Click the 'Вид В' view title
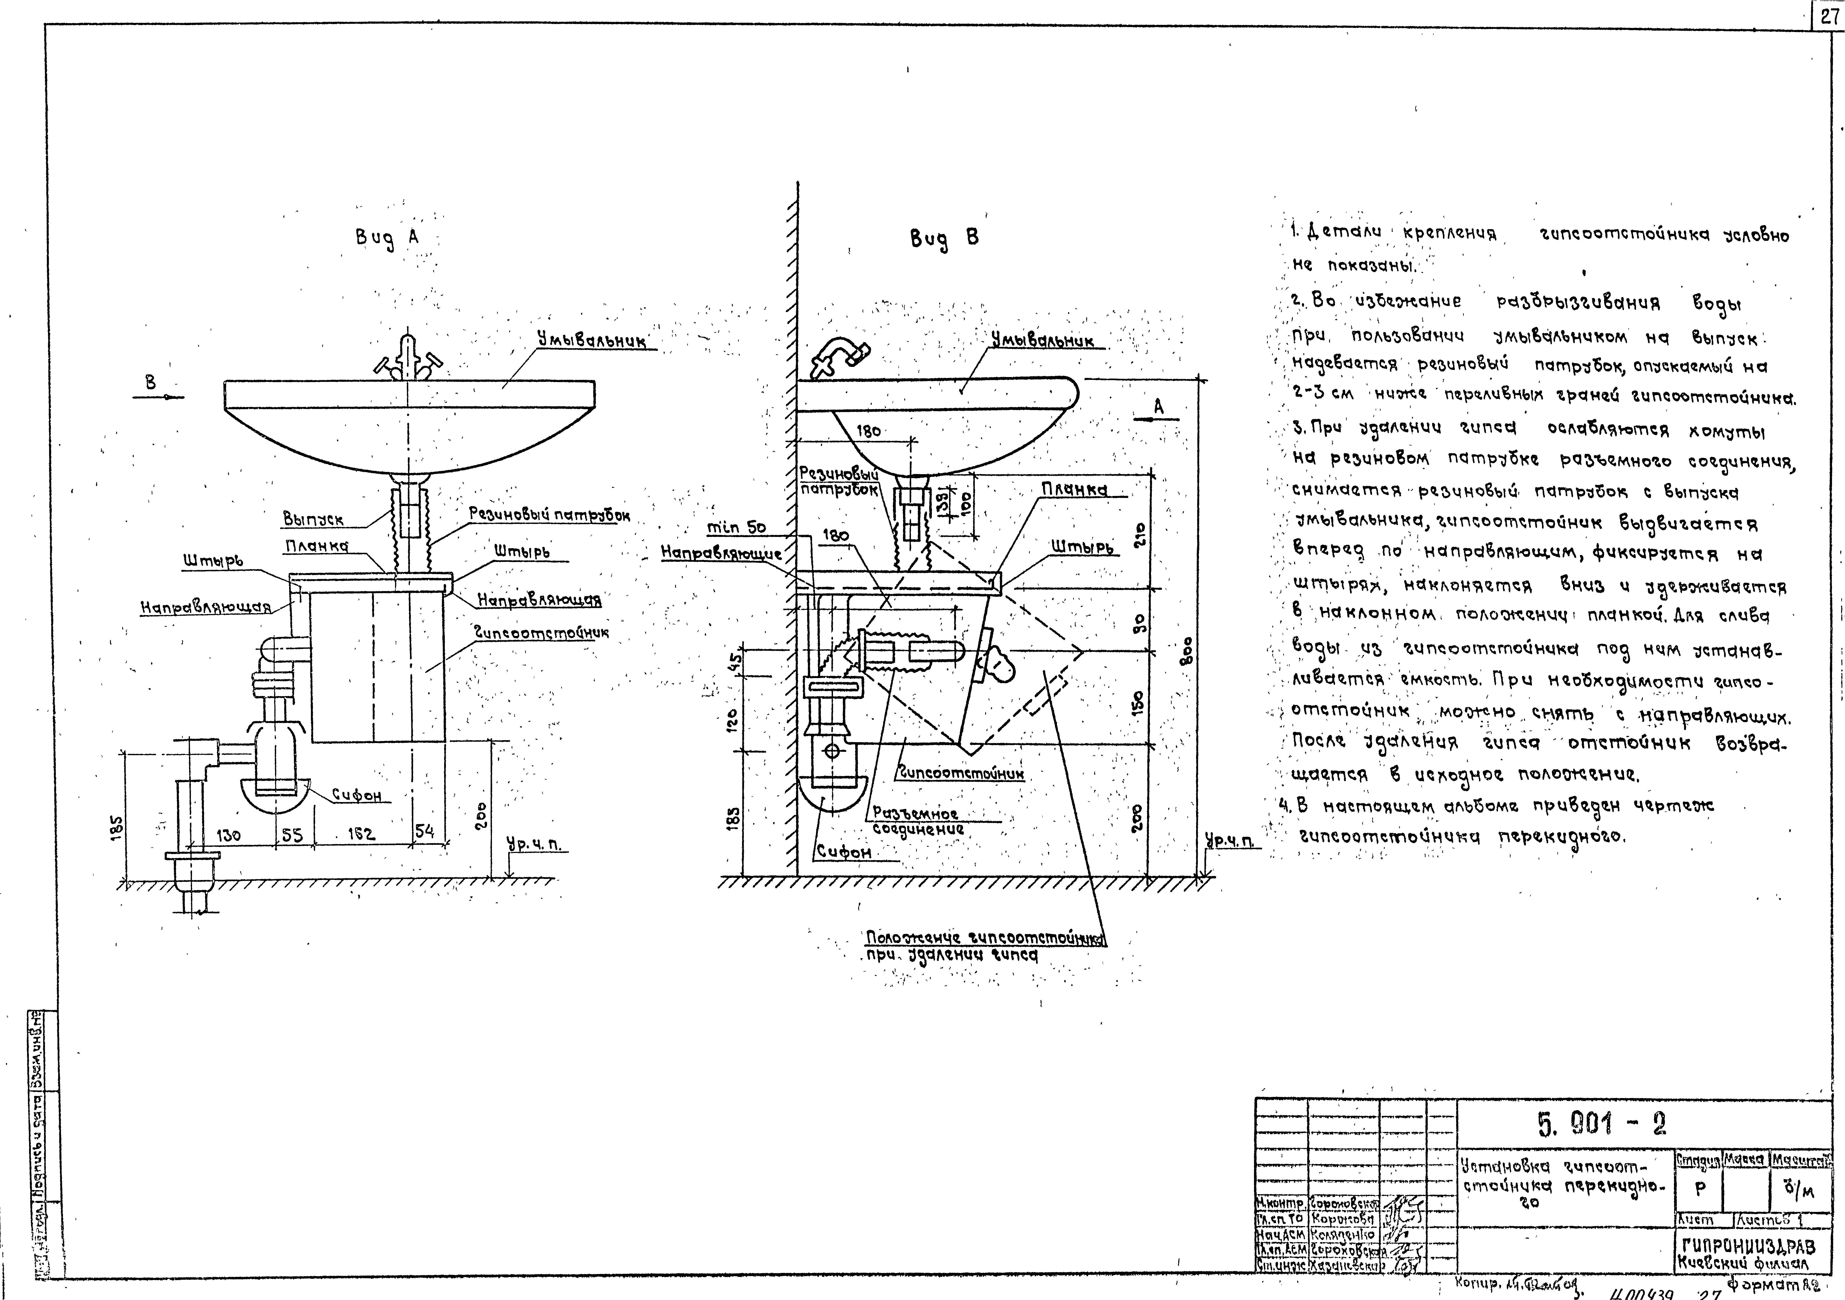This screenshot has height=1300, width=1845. (x=944, y=239)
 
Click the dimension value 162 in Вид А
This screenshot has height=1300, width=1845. (x=362, y=835)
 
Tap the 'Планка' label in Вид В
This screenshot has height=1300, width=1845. (x=1074, y=489)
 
